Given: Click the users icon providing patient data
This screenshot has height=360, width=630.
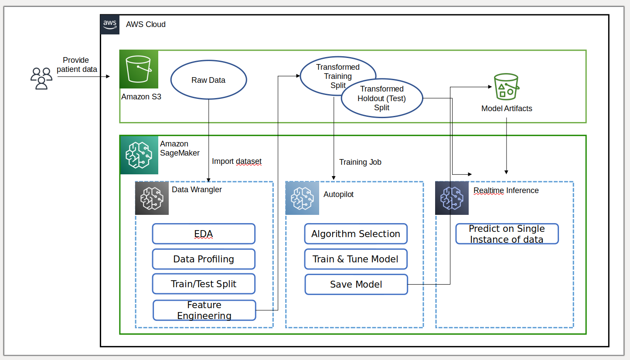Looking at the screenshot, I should coord(41,79).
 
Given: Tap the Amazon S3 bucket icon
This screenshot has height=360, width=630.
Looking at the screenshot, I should coord(139,69).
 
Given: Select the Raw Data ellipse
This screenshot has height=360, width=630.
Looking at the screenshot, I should coord(208,80).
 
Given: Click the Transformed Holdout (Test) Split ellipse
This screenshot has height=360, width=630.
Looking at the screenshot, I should coord(381,98).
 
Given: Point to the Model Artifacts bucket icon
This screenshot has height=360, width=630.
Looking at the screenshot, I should coord(506,87).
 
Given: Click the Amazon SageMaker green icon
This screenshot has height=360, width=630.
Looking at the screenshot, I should coord(139,155).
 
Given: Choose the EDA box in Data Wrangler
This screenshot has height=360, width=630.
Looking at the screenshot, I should coord(204,234).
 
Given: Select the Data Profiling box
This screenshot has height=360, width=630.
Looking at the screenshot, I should coord(204,259).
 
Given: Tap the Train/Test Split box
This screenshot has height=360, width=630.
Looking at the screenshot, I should coord(204,284).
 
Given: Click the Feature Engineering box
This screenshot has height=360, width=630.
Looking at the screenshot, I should coord(204,310).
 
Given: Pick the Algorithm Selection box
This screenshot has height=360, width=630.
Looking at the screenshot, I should coord(355,234).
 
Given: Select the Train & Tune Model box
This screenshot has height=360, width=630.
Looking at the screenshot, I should coord(355,259).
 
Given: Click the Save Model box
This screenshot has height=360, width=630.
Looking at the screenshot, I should coord(356,284).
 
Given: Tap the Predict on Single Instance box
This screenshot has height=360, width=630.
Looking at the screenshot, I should coord(507,234).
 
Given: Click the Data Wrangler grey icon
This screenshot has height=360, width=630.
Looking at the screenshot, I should coord(152,198).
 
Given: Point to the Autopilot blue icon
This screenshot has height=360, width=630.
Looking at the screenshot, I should coord(302,198).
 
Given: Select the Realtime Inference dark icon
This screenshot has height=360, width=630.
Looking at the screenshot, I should coord(452,198).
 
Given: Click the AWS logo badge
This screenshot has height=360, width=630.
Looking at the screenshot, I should coord(110,24).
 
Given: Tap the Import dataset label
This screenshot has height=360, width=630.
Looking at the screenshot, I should coord(236,162).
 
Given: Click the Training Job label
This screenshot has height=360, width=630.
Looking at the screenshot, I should coord(360,162).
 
